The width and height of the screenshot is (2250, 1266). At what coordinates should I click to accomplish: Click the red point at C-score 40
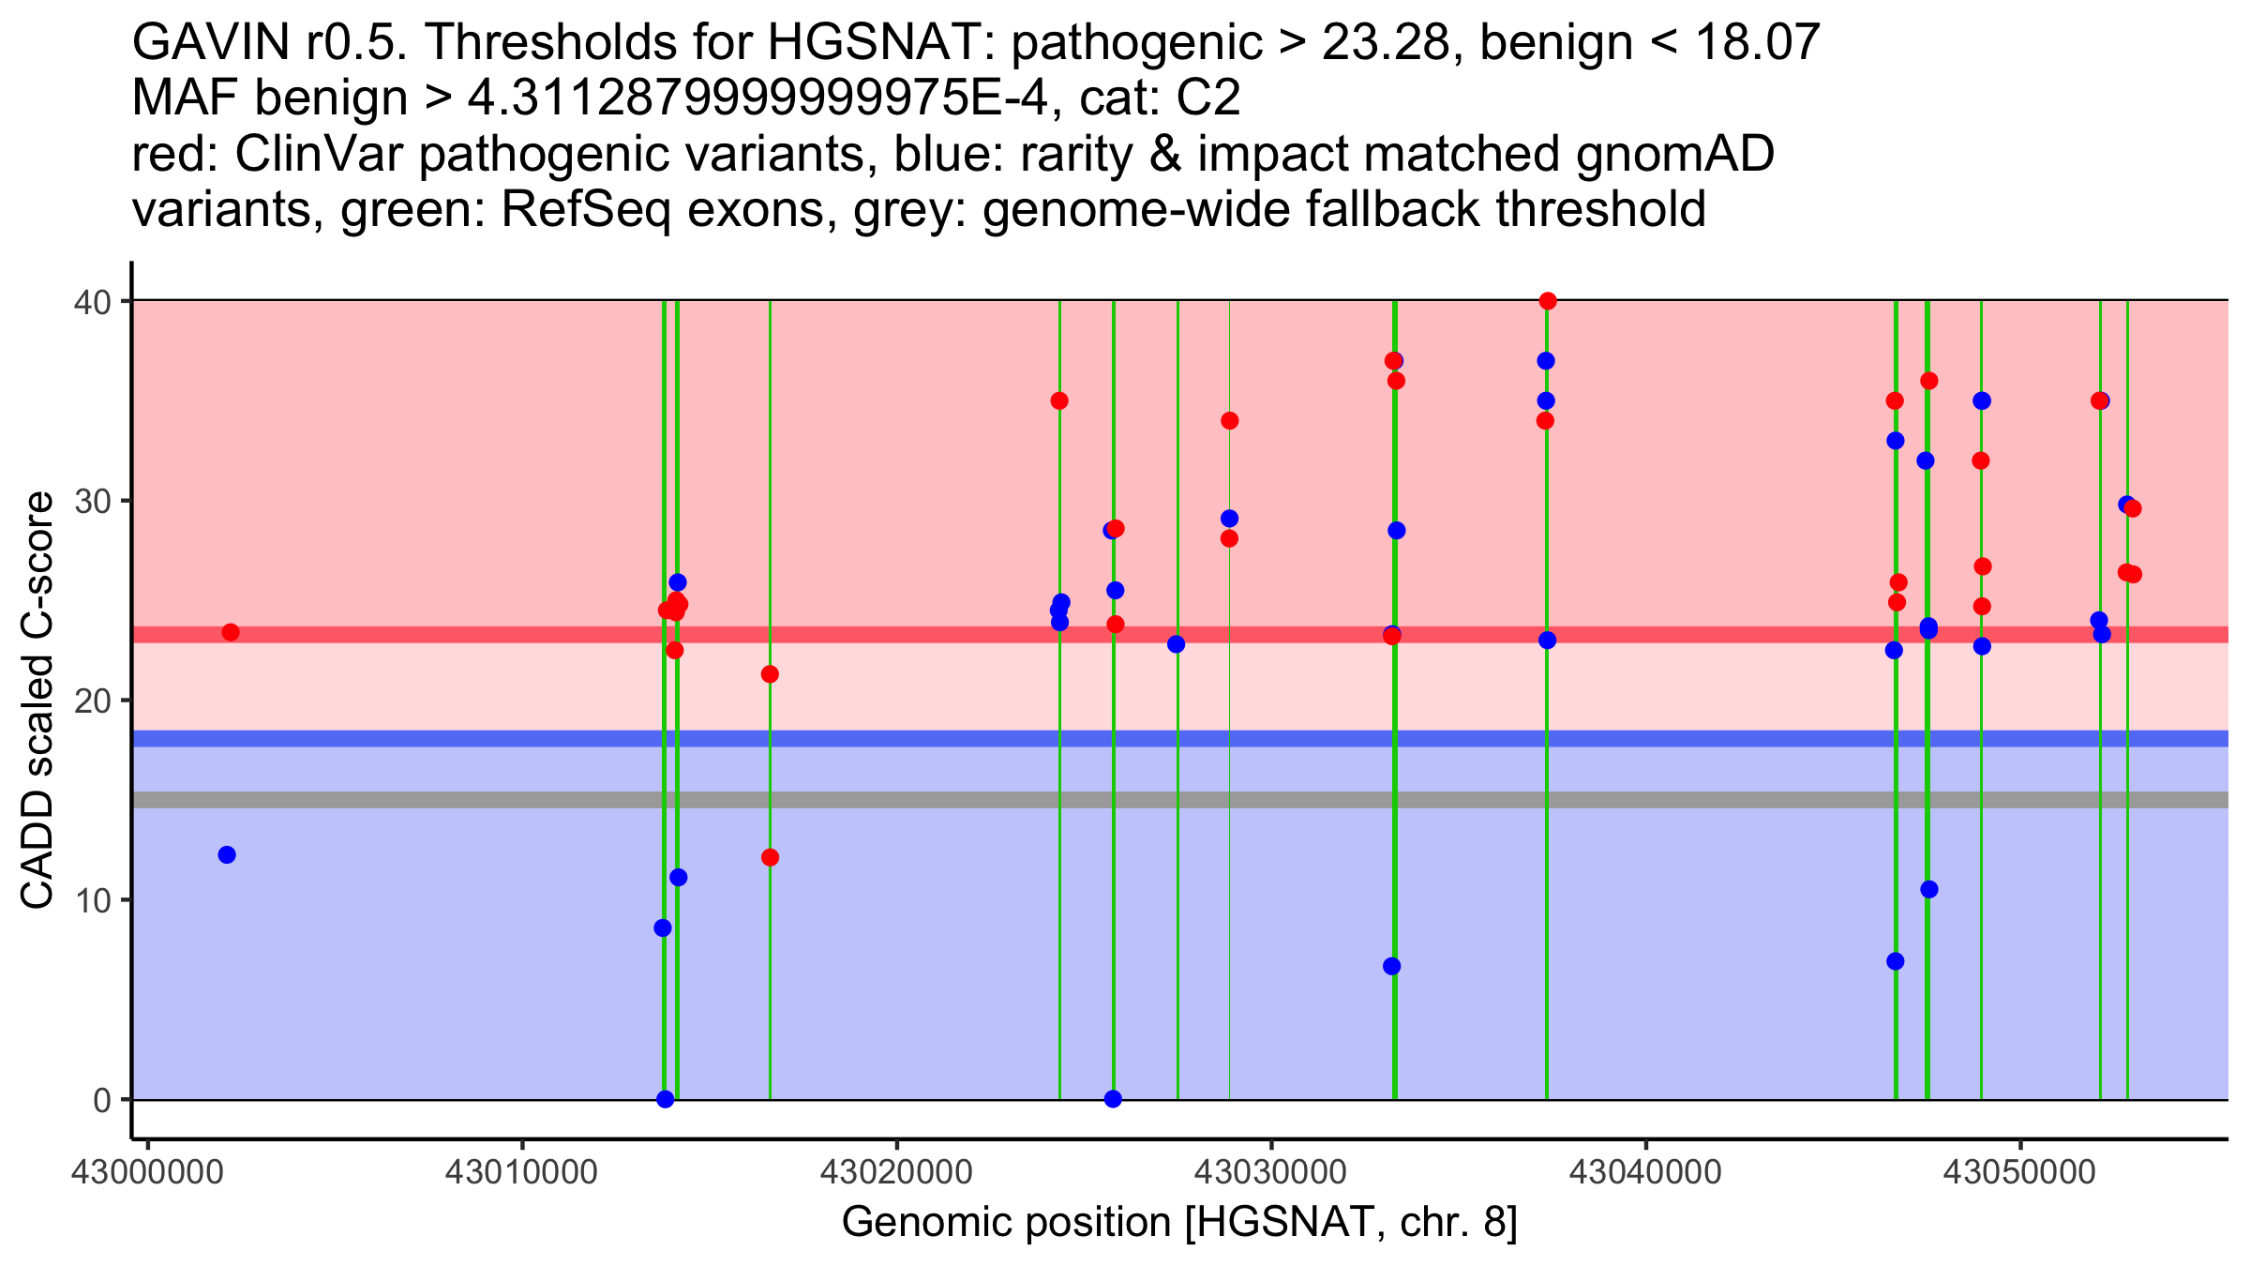coord(1547,301)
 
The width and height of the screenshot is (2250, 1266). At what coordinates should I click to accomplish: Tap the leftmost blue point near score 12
coord(227,854)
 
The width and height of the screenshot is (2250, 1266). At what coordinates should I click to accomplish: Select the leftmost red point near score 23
coord(231,632)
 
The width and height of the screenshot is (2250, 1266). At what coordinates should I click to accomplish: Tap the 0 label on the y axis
coord(101,1100)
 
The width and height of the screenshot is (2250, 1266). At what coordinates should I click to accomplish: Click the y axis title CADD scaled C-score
coord(37,701)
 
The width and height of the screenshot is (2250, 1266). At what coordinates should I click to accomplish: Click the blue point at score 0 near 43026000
coord(1113,1099)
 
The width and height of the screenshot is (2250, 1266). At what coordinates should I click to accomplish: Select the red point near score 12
coord(770,857)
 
